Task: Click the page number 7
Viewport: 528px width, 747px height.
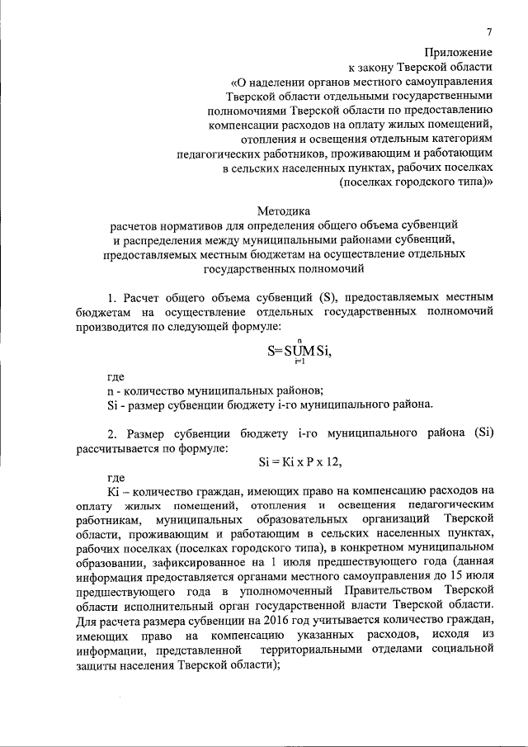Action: pos(489,32)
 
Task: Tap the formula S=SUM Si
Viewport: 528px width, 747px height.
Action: pos(299,350)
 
